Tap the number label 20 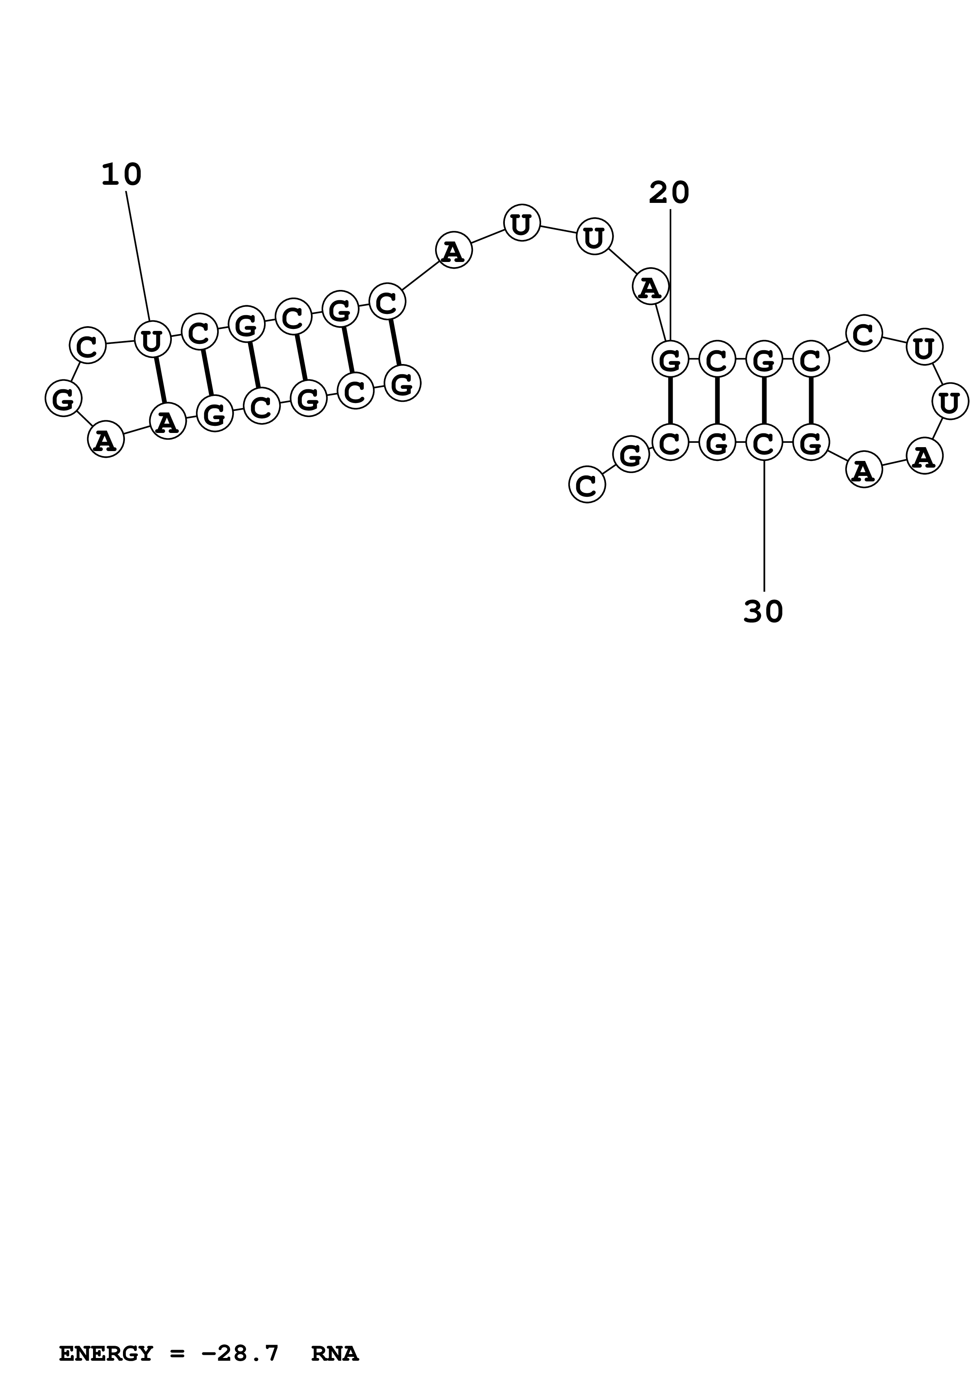(x=669, y=193)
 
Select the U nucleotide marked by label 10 (x=152, y=340)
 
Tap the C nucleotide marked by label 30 (x=764, y=444)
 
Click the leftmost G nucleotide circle (x=63, y=398)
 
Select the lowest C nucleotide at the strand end (x=586, y=485)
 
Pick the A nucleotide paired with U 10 (x=167, y=422)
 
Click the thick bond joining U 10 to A (x=160, y=381)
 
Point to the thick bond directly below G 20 (x=670, y=401)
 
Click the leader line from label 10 (x=138, y=256)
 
